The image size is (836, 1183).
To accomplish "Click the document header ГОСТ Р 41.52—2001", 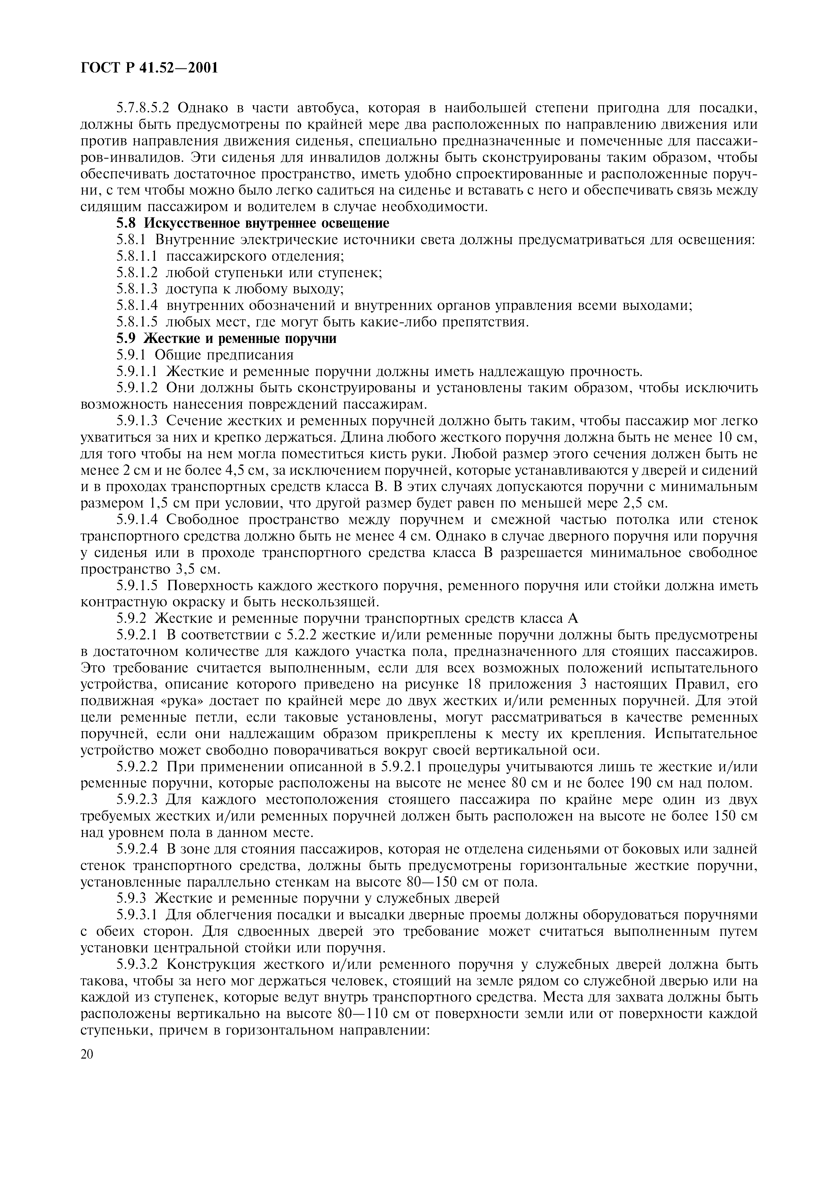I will click(x=149, y=67).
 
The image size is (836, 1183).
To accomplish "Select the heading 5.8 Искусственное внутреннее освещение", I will click(x=252, y=223).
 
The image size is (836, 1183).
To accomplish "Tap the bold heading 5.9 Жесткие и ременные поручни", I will click(x=227, y=339).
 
